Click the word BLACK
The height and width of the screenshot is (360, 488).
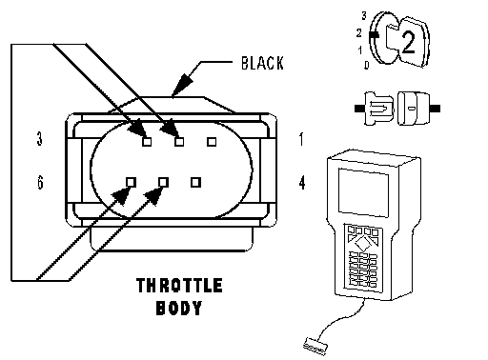coord(262,63)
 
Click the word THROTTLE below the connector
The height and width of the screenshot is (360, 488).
coord(179,285)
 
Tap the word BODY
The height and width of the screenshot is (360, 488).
coord(179,308)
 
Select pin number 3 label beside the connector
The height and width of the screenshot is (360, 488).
coord(39,139)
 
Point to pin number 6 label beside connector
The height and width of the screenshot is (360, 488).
coord(40,183)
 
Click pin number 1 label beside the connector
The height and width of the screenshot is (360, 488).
coord(301,139)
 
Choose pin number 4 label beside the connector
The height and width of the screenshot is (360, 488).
coord(302,183)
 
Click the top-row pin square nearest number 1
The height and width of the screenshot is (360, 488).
coord(212,142)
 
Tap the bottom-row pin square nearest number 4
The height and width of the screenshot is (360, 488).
coord(195,182)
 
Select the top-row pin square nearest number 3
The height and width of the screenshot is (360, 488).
coord(147,142)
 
